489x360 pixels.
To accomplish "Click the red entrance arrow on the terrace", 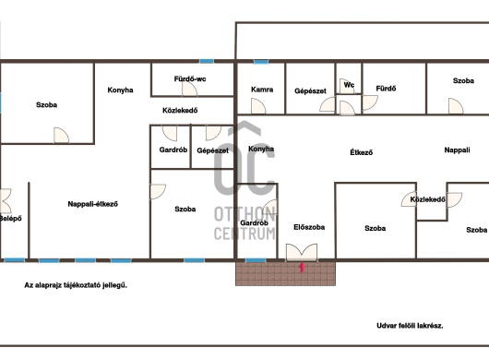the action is click(x=302, y=268).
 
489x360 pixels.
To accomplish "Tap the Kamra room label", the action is click(x=262, y=90).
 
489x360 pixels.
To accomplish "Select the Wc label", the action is click(x=349, y=85).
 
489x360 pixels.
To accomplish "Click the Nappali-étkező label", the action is click(x=92, y=204).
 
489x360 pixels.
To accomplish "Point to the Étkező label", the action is click(x=361, y=152).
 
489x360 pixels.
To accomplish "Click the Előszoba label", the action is click(x=309, y=227).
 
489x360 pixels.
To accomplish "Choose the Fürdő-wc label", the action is click(x=190, y=79).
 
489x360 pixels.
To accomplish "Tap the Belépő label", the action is click(x=10, y=219).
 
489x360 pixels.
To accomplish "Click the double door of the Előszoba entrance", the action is click(x=302, y=252).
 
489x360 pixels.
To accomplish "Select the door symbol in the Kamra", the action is click(x=258, y=106).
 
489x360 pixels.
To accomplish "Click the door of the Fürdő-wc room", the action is click(x=189, y=89).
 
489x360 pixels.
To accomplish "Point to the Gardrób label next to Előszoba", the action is click(x=254, y=222).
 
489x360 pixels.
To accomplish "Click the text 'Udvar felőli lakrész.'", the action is click(x=410, y=326).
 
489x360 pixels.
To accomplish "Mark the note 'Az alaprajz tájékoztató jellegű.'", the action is click(x=76, y=285).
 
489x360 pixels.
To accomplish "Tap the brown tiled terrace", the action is click(x=285, y=273).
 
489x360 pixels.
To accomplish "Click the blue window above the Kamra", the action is click(x=261, y=62).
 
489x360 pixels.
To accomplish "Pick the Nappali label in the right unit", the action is click(x=457, y=150).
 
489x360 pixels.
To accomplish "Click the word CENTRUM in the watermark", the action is click(x=244, y=234).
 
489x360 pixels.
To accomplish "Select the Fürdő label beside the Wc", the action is click(x=386, y=89).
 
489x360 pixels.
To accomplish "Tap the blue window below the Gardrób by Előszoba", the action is click(x=256, y=260).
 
